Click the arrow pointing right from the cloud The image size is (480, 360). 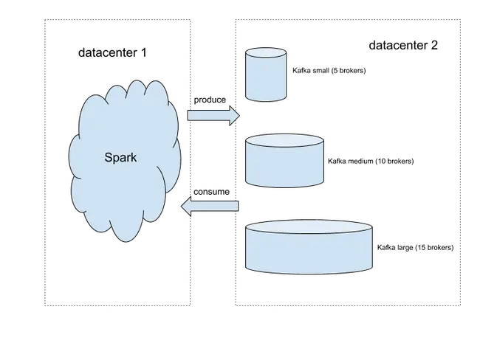tap(213, 116)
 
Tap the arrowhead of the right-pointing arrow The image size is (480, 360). tap(235, 116)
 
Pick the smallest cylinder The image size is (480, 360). tap(265, 75)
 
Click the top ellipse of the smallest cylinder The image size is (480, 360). tap(265, 54)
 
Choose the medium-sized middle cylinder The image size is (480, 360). tap(284, 162)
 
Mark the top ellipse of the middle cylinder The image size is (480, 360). tap(284, 143)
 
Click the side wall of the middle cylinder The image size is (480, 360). tap(284, 169)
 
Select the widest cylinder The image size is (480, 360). tap(307, 247)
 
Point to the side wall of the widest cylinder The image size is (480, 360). tap(307, 255)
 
